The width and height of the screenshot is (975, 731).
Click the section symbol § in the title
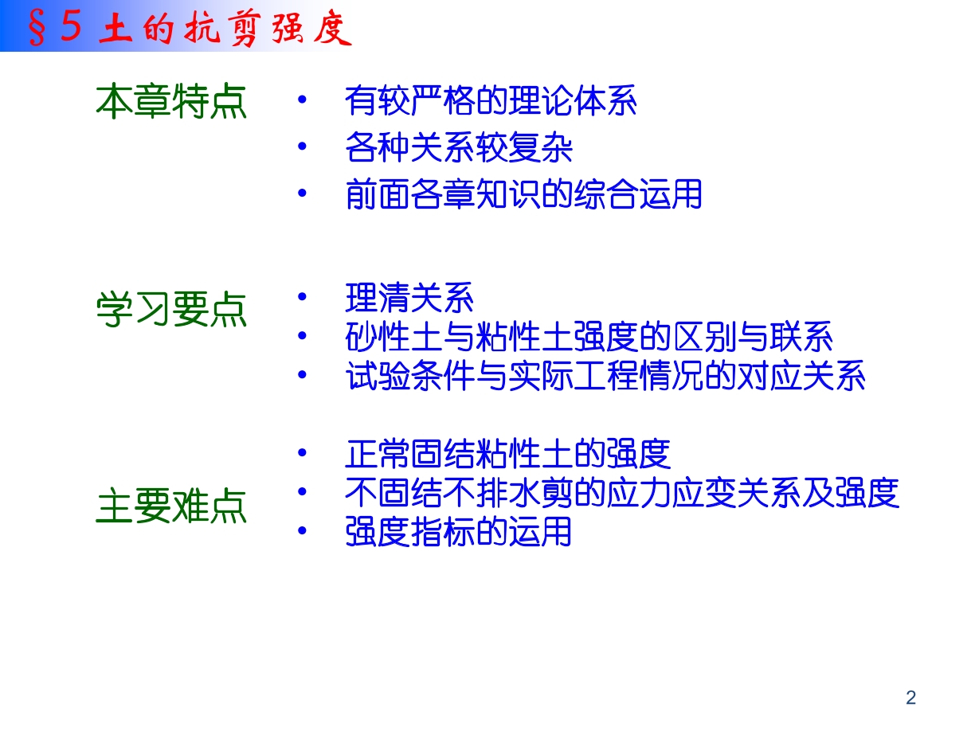point(37,28)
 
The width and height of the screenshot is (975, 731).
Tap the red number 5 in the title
point(72,25)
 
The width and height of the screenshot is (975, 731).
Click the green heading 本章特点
point(171,101)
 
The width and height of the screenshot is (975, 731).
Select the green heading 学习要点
point(171,309)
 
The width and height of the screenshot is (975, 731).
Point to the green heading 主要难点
point(171,506)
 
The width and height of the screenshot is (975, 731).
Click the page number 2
point(911,698)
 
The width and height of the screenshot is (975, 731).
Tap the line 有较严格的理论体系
point(491,101)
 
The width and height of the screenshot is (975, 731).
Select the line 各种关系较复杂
point(458,147)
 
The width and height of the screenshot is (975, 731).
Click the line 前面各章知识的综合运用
point(523,194)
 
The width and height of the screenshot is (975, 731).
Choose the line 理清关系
point(409,298)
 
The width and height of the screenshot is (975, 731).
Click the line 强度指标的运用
point(458,531)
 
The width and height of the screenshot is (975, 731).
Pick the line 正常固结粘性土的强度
point(507,454)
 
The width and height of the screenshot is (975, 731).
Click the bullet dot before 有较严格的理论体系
point(303,100)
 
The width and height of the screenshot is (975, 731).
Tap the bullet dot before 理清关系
point(303,296)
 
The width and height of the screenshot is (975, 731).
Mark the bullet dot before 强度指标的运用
point(303,530)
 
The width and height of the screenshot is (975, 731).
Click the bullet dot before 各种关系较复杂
point(303,146)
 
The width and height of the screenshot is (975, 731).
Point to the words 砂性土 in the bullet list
point(394,337)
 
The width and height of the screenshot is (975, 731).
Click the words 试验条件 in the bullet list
point(410,376)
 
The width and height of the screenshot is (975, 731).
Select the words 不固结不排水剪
point(459,493)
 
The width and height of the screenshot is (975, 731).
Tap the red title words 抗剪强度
point(268,28)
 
